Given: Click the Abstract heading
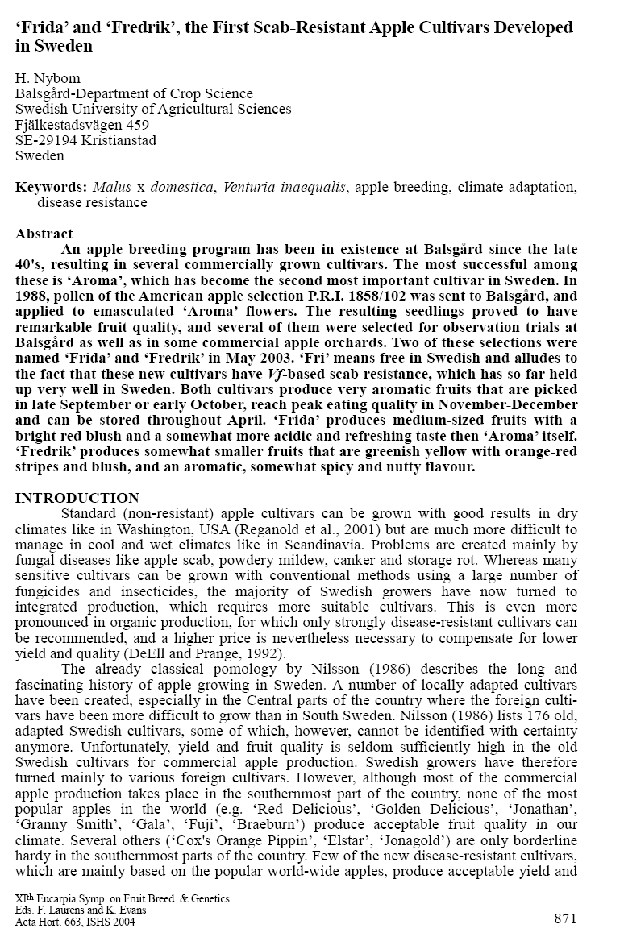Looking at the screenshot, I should tap(44, 234).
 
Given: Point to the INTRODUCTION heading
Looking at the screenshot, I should tap(77, 498).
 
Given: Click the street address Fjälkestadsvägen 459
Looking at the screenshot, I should tap(82, 124).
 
